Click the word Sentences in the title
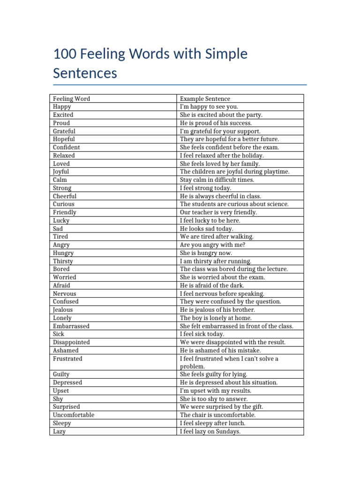pyautogui.click(x=85, y=74)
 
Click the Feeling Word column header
pyautogui.click(x=71, y=98)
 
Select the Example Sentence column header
pyautogui.click(x=205, y=98)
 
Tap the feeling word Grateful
pyautogui.click(x=64, y=131)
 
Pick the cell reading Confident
pyautogui.click(x=67, y=147)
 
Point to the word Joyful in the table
pyautogui.click(x=61, y=172)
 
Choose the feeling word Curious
pyautogui.click(x=64, y=204)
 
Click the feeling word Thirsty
pyautogui.click(x=63, y=261)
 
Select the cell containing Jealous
pyautogui.click(x=63, y=310)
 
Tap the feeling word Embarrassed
pyautogui.click(x=71, y=326)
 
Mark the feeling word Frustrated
pyautogui.click(x=67, y=359)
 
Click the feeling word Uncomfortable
pyautogui.click(x=74, y=415)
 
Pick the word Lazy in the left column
pyautogui.click(x=59, y=431)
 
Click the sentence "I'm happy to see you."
pyautogui.click(x=209, y=107)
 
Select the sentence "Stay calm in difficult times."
pyautogui.click(x=217, y=180)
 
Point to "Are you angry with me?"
pyautogui.click(x=212, y=245)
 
